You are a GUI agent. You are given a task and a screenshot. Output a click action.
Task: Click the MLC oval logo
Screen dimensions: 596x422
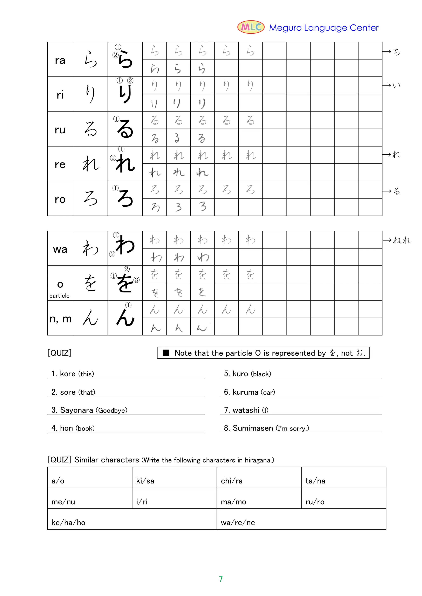pos(251,27)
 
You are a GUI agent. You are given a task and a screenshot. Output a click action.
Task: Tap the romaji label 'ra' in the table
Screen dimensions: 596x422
pos(60,60)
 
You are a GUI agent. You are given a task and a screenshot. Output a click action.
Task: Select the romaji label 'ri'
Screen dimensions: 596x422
pos(60,95)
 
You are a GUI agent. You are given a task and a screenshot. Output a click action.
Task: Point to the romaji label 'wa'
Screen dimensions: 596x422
pos(60,249)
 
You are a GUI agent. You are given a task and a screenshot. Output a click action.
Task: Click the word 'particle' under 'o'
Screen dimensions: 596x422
pos(59,296)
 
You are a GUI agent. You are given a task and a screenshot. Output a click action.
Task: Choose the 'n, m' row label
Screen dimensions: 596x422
pos(60,319)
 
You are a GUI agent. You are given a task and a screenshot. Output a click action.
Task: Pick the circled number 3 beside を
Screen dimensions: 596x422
pos(136,280)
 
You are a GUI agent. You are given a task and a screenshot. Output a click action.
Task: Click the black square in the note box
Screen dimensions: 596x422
pos(166,353)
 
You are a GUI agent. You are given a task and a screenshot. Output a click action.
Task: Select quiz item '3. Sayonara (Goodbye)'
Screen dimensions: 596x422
pos(89,410)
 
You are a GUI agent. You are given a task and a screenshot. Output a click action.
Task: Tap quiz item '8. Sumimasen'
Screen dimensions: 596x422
pos(266,428)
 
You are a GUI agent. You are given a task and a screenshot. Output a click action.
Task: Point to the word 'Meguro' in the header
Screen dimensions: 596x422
pos(285,28)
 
